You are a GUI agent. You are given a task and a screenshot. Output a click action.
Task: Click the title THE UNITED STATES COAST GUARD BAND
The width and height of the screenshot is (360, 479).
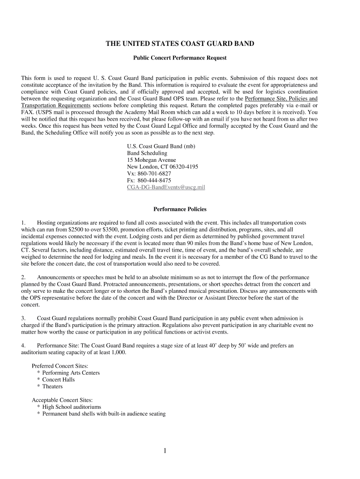(180, 44)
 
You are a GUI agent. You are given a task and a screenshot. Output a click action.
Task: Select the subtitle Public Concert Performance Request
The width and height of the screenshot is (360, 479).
(180, 58)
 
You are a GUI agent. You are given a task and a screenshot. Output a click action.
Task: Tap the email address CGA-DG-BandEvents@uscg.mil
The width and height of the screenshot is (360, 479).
(166, 187)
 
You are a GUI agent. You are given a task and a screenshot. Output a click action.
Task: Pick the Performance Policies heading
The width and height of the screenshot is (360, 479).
(180, 209)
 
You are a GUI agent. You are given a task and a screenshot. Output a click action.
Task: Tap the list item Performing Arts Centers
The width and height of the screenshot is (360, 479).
(71, 373)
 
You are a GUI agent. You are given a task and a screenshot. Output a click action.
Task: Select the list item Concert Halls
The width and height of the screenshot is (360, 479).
(58, 380)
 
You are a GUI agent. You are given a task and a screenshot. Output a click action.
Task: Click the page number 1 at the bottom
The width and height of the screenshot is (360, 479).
(165, 451)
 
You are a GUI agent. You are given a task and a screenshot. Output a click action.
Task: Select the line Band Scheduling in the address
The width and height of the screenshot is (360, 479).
(147, 153)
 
